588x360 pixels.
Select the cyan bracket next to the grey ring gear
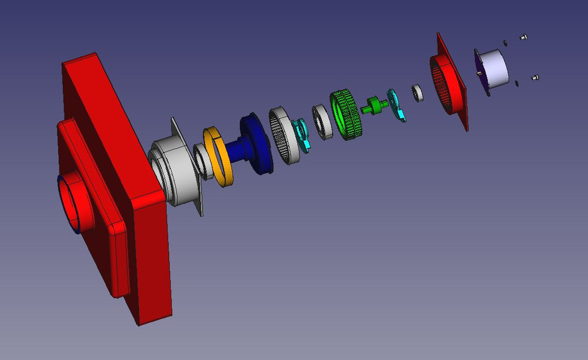tap(302, 134)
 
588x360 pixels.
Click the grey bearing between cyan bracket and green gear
tap(322, 122)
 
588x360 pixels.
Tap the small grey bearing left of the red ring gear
tap(418, 93)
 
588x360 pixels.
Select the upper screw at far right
tap(524, 37)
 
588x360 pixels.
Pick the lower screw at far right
tap(535, 78)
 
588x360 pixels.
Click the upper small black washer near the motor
tap(505, 43)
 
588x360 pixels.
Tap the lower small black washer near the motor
tap(517, 83)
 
